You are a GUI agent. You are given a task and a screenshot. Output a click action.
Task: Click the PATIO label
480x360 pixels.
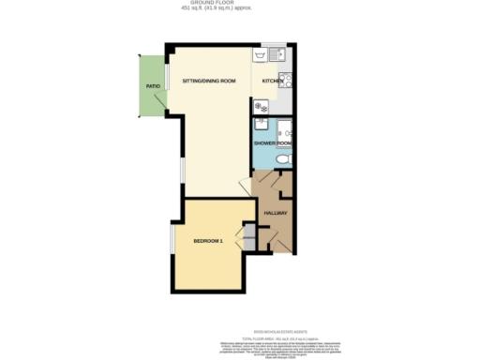tap(152, 86)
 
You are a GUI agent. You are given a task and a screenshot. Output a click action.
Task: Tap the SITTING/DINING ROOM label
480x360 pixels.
tap(208, 82)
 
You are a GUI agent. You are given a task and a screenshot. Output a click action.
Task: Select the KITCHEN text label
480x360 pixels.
tap(272, 82)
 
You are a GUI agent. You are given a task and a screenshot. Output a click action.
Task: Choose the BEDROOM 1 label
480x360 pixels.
tap(207, 241)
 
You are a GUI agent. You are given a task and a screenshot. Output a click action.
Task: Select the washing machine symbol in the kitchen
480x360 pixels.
tap(260, 106)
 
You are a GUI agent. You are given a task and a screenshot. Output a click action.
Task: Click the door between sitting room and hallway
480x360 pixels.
tap(246, 184)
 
